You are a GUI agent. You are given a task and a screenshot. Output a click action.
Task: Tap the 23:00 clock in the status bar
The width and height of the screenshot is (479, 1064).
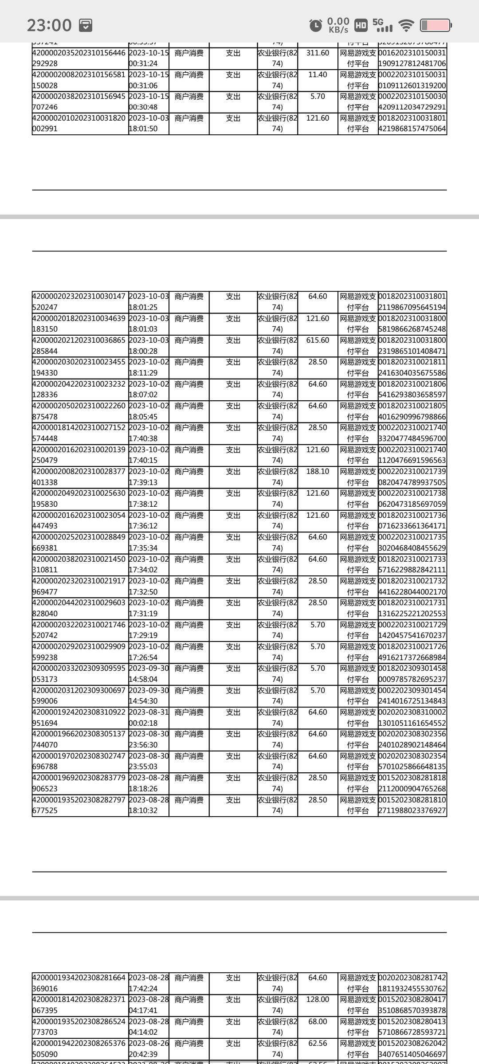click(49, 25)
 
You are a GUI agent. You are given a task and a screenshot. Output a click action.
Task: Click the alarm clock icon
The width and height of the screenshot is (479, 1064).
click(315, 25)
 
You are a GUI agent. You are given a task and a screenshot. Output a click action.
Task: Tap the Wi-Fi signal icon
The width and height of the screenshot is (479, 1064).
click(406, 25)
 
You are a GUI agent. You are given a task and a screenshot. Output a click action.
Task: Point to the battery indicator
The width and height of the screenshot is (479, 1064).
click(436, 25)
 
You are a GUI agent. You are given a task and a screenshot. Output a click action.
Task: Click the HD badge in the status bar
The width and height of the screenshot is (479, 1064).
click(361, 25)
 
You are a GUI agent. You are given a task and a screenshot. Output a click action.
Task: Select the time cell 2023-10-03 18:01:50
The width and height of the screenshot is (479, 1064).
click(149, 124)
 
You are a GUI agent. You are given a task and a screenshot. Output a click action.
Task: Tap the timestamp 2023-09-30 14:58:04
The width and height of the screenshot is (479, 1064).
click(149, 674)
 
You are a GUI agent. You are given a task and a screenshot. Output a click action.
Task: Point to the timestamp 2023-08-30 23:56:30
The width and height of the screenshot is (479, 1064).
click(149, 739)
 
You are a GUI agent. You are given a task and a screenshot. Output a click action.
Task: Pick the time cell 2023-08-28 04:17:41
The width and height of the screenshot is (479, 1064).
click(149, 1005)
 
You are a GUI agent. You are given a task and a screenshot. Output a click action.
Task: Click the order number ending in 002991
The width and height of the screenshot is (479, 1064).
click(80, 124)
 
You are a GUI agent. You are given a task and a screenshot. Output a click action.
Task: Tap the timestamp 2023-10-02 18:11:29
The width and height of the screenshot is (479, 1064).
click(149, 368)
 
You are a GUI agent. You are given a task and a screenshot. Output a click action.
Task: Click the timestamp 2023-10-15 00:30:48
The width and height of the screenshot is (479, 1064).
click(149, 102)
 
